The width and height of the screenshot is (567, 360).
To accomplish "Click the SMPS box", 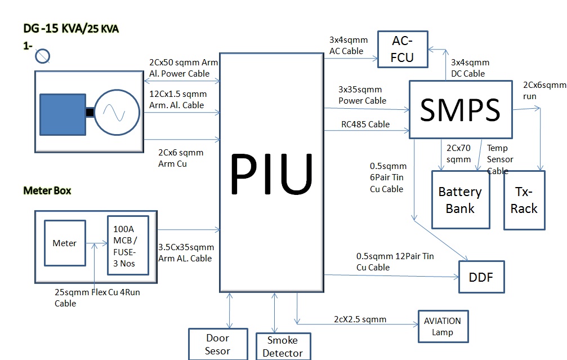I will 461,109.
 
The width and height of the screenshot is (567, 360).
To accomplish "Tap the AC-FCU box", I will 403,50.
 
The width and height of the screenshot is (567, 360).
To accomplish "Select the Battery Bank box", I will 460,200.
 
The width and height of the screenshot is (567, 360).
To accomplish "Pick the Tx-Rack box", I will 524,200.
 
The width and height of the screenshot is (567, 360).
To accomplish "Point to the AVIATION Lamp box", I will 443,326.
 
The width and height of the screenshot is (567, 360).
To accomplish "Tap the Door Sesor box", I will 217,344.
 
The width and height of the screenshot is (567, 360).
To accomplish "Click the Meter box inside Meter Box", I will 65,243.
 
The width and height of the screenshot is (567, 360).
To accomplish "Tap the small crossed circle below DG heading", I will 43,56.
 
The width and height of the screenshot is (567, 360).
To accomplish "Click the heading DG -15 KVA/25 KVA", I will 71,28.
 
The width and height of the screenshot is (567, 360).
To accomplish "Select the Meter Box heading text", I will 47,190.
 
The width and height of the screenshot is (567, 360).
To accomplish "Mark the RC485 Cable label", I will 365,125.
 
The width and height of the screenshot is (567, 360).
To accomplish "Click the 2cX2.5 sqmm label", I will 360,319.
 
